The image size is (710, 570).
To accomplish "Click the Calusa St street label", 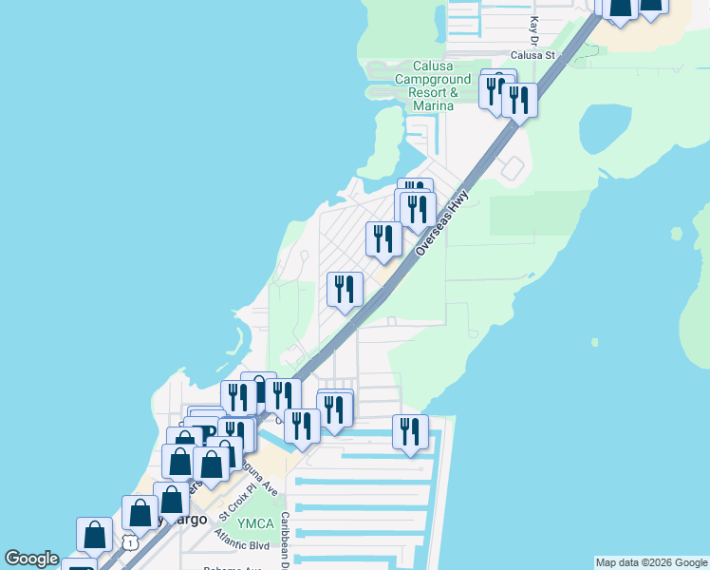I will point(532,55).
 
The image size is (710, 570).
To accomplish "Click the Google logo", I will point(32,559).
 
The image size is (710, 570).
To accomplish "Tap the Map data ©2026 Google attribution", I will point(651,562).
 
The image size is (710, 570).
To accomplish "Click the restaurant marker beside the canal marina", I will point(410,432).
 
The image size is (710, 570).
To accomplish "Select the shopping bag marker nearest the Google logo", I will point(95,534).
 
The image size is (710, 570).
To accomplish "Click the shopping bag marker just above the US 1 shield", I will point(140,512).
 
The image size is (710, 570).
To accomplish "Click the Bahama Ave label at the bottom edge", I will point(237,567).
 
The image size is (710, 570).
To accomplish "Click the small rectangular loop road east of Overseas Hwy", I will point(512,169).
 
